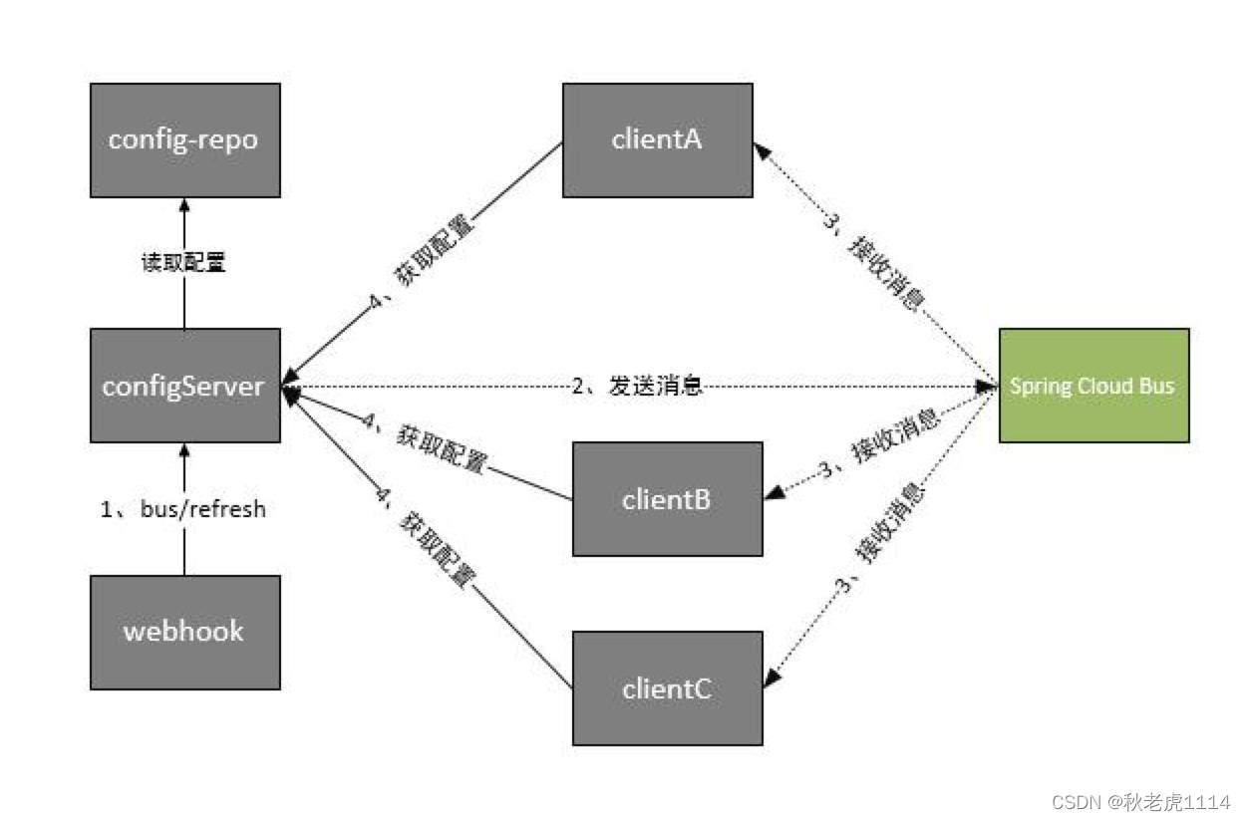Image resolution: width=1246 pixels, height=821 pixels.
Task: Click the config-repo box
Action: [x=184, y=139]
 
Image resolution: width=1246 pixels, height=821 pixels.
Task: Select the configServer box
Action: [x=184, y=385]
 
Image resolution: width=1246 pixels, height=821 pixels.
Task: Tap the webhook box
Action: [x=184, y=632]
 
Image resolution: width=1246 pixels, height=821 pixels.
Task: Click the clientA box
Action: [x=657, y=139]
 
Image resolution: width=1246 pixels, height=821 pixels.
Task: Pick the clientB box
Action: [x=667, y=498]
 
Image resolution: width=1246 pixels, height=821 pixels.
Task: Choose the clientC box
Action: [x=667, y=687]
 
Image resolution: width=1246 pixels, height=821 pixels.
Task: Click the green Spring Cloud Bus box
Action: [x=1093, y=385]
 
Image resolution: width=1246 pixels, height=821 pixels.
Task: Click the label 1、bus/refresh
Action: [x=183, y=509]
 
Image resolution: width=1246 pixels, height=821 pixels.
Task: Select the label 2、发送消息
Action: [x=638, y=386]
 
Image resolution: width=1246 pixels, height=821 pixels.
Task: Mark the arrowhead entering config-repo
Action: [x=184, y=203]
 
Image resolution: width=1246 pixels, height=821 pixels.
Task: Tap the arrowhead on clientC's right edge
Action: [x=770, y=680]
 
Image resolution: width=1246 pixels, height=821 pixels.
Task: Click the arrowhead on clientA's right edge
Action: [x=760, y=149]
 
